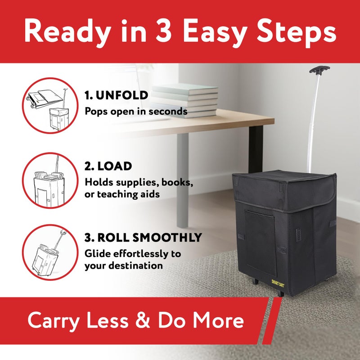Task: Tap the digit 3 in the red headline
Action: (163, 31)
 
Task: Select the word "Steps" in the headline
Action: (297, 32)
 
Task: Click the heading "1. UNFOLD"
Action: (116, 95)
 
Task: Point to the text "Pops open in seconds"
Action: (136, 112)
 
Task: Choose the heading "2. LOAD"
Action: (108, 166)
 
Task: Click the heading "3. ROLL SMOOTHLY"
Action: (143, 238)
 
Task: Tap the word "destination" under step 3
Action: (136, 265)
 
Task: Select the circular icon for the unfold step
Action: (50, 106)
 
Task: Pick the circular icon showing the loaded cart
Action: (50, 180)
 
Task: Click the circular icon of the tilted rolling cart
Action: (50, 252)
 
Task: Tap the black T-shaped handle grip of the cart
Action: (319, 70)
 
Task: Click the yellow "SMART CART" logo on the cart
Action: (278, 283)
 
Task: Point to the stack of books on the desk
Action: (184, 100)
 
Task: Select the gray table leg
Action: (183, 180)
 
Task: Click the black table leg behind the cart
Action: (256, 150)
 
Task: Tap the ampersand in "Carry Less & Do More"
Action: (143, 320)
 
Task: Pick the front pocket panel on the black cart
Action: (261, 243)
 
